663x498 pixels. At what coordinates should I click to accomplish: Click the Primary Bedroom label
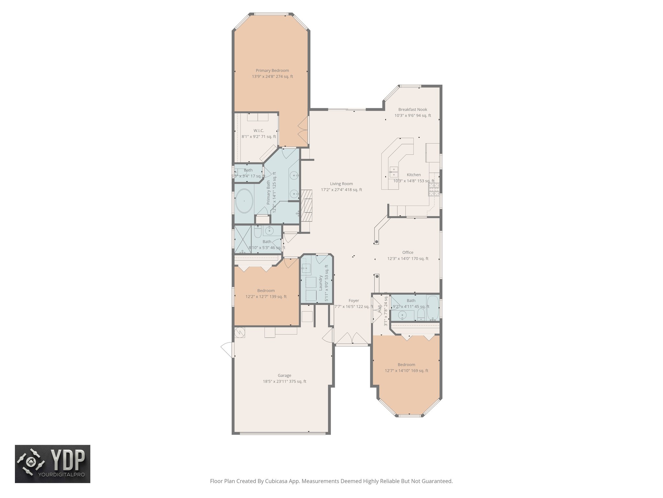pos(272,70)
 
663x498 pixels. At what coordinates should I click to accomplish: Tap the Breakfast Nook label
pos(412,110)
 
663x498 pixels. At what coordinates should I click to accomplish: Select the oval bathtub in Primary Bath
pos(244,201)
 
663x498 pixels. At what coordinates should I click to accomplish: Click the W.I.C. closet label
pos(259,131)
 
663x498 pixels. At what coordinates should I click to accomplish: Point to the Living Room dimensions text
pos(341,190)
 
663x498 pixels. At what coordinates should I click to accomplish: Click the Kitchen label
pos(414,175)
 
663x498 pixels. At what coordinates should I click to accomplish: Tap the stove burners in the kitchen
pos(434,190)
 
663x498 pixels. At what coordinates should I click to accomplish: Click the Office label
pos(408,252)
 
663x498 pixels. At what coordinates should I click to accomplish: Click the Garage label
pos(284,375)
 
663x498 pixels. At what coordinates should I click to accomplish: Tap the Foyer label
pos(354,301)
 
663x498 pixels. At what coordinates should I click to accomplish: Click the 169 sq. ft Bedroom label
pos(406,364)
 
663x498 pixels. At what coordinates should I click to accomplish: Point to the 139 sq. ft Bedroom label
pos(266,290)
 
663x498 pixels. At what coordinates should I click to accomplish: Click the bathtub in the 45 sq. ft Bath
pos(433,307)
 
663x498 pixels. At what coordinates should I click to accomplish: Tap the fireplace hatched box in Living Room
pos(307,205)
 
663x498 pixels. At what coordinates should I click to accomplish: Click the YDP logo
pos(52,464)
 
